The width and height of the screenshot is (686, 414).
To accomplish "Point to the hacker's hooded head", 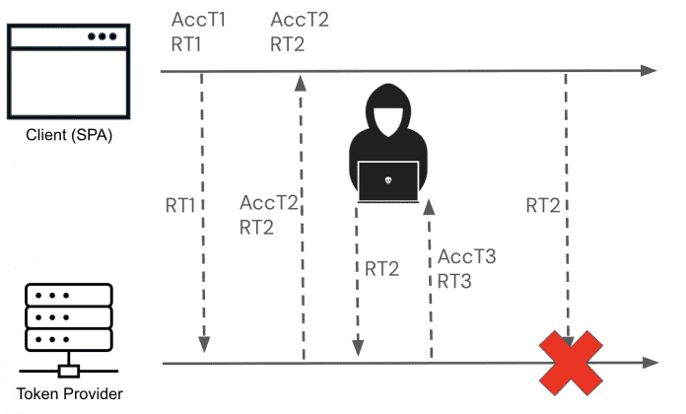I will [x=388, y=113].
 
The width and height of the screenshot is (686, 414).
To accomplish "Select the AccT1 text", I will [x=199, y=20].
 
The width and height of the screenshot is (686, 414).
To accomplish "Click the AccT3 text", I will [x=466, y=257].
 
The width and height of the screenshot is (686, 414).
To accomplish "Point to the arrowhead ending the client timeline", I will [x=647, y=71].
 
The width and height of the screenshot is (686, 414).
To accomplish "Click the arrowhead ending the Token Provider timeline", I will [x=647, y=363].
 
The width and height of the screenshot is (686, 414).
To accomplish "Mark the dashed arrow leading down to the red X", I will [x=567, y=197].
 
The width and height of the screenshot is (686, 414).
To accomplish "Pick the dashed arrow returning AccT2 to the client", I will [x=301, y=217].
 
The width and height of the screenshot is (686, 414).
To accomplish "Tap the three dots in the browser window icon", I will [x=102, y=36].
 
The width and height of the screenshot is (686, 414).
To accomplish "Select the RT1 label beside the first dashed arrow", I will [x=181, y=206].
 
